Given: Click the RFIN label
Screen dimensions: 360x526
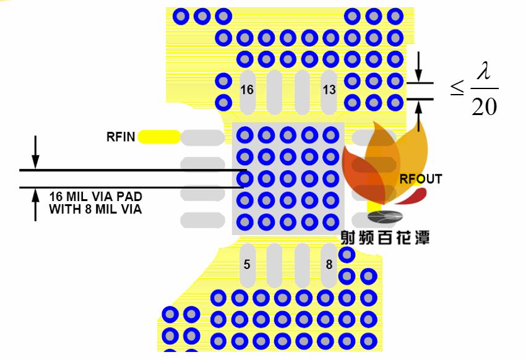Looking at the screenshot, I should click(x=121, y=137).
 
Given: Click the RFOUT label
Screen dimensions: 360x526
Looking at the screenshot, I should click(x=421, y=179).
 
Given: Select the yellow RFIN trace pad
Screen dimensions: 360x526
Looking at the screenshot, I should click(x=159, y=137).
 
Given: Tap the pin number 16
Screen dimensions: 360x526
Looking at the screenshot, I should click(x=247, y=90).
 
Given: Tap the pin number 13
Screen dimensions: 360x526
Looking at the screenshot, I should click(x=329, y=90).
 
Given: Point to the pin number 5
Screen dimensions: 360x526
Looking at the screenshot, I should click(x=247, y=265).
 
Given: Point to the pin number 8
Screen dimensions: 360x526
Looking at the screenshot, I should click(x=329, y=265).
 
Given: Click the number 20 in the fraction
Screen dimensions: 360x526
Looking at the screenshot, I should click(x=484, y=107).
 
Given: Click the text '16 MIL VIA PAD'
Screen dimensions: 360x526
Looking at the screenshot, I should click(x=95, y=197).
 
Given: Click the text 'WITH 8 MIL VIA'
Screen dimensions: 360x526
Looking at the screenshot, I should click(x=95, y=209).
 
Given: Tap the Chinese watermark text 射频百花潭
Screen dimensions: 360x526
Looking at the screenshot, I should click(x=385, y=237).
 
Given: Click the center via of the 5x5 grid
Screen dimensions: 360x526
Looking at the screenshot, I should click(x=288, y=178).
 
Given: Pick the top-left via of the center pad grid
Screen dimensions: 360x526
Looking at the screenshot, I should click(x=245, y=135).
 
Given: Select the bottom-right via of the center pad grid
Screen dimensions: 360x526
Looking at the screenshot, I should click(x=330, y=221).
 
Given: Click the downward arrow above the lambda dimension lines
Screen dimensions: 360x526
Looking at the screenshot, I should click(x=419, y=67).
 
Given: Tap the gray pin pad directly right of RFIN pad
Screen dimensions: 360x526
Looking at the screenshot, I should click(x=202, y=137).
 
